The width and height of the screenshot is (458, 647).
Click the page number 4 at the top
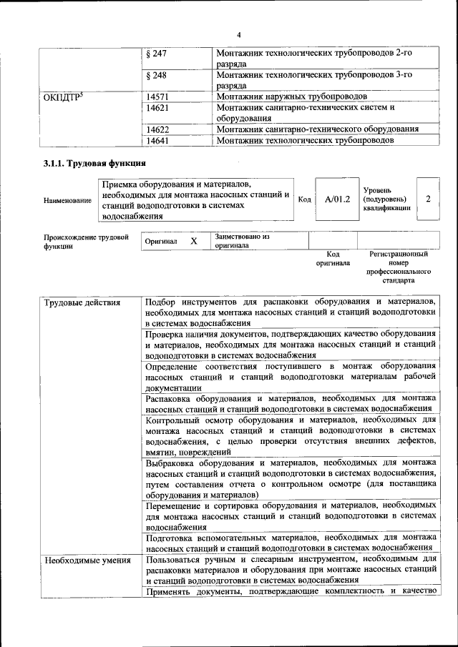(239, 35)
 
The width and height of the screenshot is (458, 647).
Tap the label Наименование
(67, 201)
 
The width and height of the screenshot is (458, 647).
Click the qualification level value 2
(428, 199)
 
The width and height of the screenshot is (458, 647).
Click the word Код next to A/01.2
(304, 199)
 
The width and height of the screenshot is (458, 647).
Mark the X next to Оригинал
(193, 242)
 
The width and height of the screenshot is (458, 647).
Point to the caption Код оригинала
(333, 258)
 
